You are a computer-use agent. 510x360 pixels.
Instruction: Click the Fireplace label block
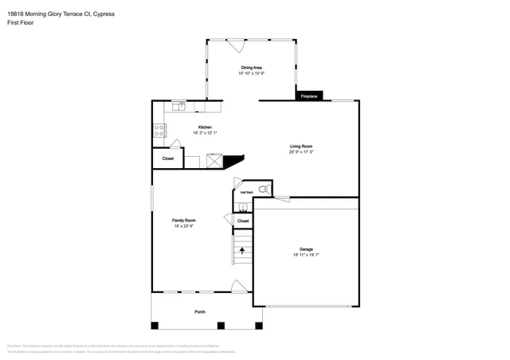tap(308, 96)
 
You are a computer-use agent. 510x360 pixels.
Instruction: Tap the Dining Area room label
tap(252, 68)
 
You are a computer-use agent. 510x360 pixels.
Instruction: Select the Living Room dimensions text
tap(301, 151)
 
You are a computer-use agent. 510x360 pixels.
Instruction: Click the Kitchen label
tap(205, 127)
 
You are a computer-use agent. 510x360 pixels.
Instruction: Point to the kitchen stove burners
tap(159, 130)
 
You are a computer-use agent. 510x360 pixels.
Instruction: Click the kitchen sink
tap(180, 105)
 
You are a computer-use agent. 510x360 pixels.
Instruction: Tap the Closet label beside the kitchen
tap(168, 158)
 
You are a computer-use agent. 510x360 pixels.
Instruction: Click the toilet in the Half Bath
tap(264, 190)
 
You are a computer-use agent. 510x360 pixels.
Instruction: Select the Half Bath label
tap(247, 192)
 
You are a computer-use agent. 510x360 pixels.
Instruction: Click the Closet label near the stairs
tap(243, 221)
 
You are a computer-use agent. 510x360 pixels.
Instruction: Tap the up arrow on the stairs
tap(242, 252)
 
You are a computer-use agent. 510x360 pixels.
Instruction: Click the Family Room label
tap(184, 220)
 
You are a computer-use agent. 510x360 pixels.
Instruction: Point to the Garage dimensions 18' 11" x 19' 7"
tap(305, 254)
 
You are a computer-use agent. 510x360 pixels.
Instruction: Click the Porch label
tap(200, 311)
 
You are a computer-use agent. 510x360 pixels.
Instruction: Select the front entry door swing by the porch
tap(237, 286)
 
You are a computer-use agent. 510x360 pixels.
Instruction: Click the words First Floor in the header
tap(20, 23)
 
